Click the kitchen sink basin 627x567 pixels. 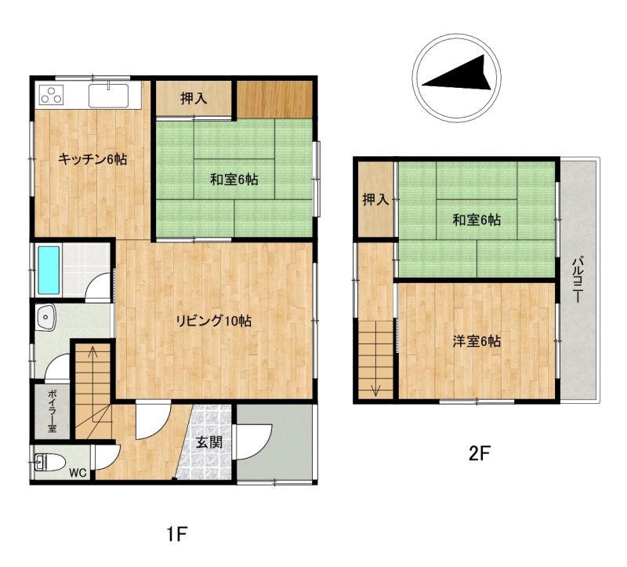pos(108,96)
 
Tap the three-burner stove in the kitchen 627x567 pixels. pos(51,96)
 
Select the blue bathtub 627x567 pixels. pos(49,270)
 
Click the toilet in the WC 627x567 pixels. pos(50,463)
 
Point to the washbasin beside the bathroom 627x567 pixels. pos(45,317)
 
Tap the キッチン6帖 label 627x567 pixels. pos(92,159)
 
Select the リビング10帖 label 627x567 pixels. pos(213,321)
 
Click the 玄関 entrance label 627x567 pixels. pos(209,442)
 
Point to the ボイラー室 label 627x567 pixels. pos(53,411)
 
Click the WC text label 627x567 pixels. pos(78,473)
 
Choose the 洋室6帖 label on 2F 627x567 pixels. pos(477,341)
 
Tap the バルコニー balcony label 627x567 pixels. pos(578,280)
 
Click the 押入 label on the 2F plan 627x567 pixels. pos(375,199)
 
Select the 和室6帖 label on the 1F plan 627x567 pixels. pos(234,180)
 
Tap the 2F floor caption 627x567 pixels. pos(479,453)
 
